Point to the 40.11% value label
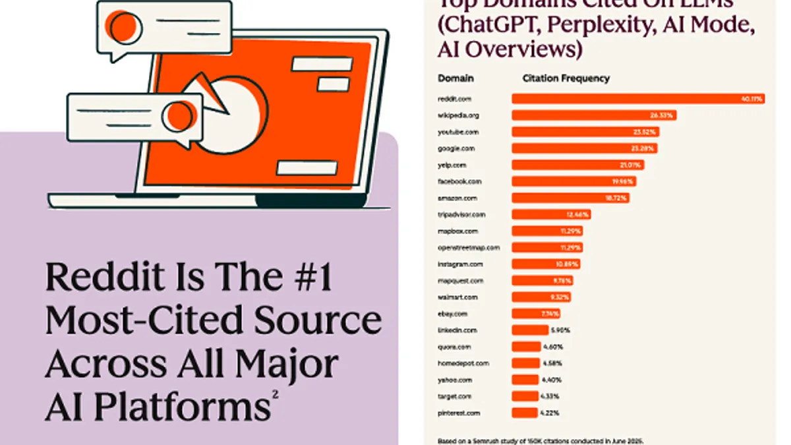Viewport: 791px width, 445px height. [x=751, y=99]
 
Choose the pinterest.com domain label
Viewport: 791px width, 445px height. [x=459, y=413]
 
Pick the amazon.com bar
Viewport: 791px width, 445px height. [x=570, y=198]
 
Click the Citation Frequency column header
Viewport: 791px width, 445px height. [x=566, y=78]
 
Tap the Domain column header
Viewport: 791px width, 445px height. [x=455, y=78]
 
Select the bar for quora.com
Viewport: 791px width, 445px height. [x=526, y=347]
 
